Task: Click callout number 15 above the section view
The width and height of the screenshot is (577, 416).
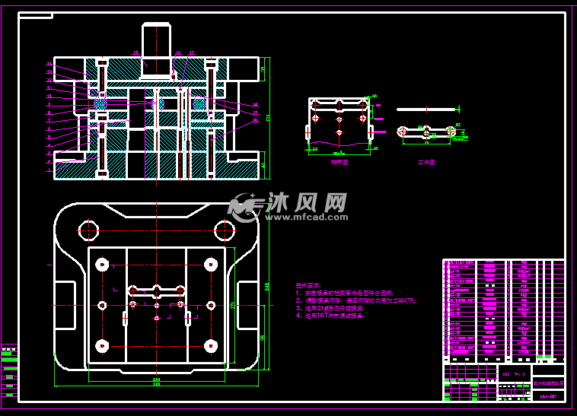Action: pyautogui.click(x=135, y=52)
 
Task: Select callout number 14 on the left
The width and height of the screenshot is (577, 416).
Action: pyautogui.click(x=49, y=63)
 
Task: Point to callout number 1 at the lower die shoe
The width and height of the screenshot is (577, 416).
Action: pyautogui.click(x=49, y=170)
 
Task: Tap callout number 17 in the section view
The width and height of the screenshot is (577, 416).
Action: pyautogui.click(x=192, y=52)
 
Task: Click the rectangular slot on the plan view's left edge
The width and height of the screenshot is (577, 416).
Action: pyautogui.click(x=65, y=304)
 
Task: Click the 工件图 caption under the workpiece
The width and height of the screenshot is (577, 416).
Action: pyautogui.click(x=426, y=162)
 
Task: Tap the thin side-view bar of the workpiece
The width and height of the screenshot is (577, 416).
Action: pyautogui.click(x=426, y=108)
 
